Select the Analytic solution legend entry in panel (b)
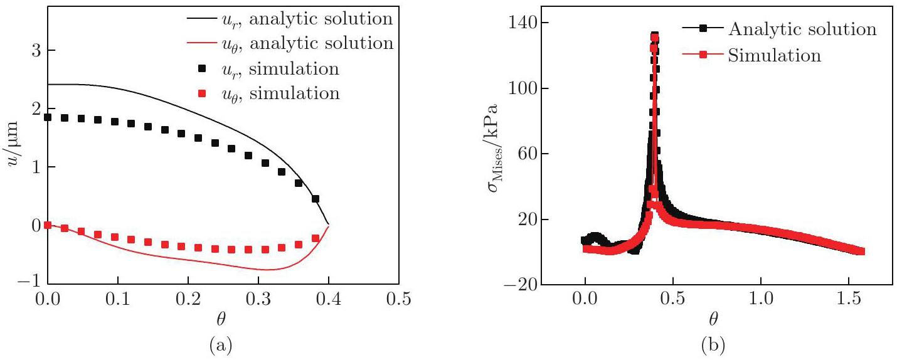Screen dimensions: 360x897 point(802,29)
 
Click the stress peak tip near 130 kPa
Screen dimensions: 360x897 point(654,37)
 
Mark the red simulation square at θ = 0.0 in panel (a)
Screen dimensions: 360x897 point(48,225)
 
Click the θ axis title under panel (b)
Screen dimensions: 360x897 point(714,320)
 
